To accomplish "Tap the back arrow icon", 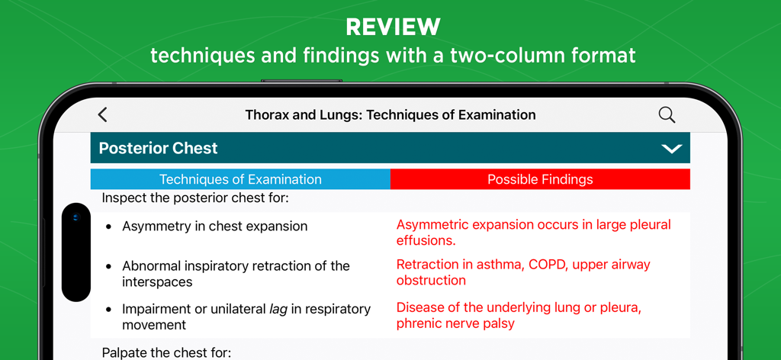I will pos(103,114).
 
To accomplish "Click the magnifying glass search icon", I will pos(667,114).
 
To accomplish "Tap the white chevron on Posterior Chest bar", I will pos(671,149).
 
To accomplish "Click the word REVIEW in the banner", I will pos(393,27).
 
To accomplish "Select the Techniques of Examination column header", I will pos(240,180).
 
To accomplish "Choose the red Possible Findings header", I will pos(540,180).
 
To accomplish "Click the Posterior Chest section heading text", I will pos(158,148).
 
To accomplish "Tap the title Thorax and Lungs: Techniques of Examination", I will pos(390,115).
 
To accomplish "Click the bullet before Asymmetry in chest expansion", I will pos(108,227).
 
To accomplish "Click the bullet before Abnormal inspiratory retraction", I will pos(108,267).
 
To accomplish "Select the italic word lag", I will pos(279,310).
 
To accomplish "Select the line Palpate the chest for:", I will pos(166,352).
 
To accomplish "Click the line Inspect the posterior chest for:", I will pos(194,198).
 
